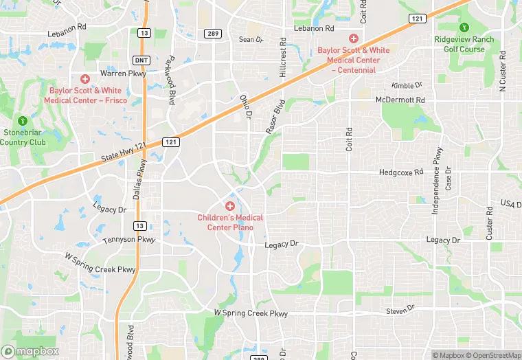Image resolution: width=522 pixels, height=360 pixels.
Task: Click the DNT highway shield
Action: pos(140,60)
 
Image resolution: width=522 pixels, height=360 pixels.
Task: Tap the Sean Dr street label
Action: pos(251,40)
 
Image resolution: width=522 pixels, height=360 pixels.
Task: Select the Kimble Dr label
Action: pos(407,85)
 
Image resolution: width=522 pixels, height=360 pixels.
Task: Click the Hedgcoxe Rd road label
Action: pos(401,172)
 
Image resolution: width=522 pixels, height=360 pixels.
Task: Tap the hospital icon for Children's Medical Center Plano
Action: pos(230,206)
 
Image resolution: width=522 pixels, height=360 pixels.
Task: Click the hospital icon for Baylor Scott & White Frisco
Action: pos(85,80)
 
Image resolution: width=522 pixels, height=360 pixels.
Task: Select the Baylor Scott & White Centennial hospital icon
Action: pos(354,38)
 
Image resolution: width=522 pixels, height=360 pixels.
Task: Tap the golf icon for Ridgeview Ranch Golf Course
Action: pos(464,27)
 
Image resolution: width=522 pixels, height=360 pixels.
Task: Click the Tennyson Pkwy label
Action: pos(129,240)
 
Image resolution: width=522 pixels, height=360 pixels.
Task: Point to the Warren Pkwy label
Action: pos(123,74)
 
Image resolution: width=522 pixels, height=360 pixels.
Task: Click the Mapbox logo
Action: pos(29,351)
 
